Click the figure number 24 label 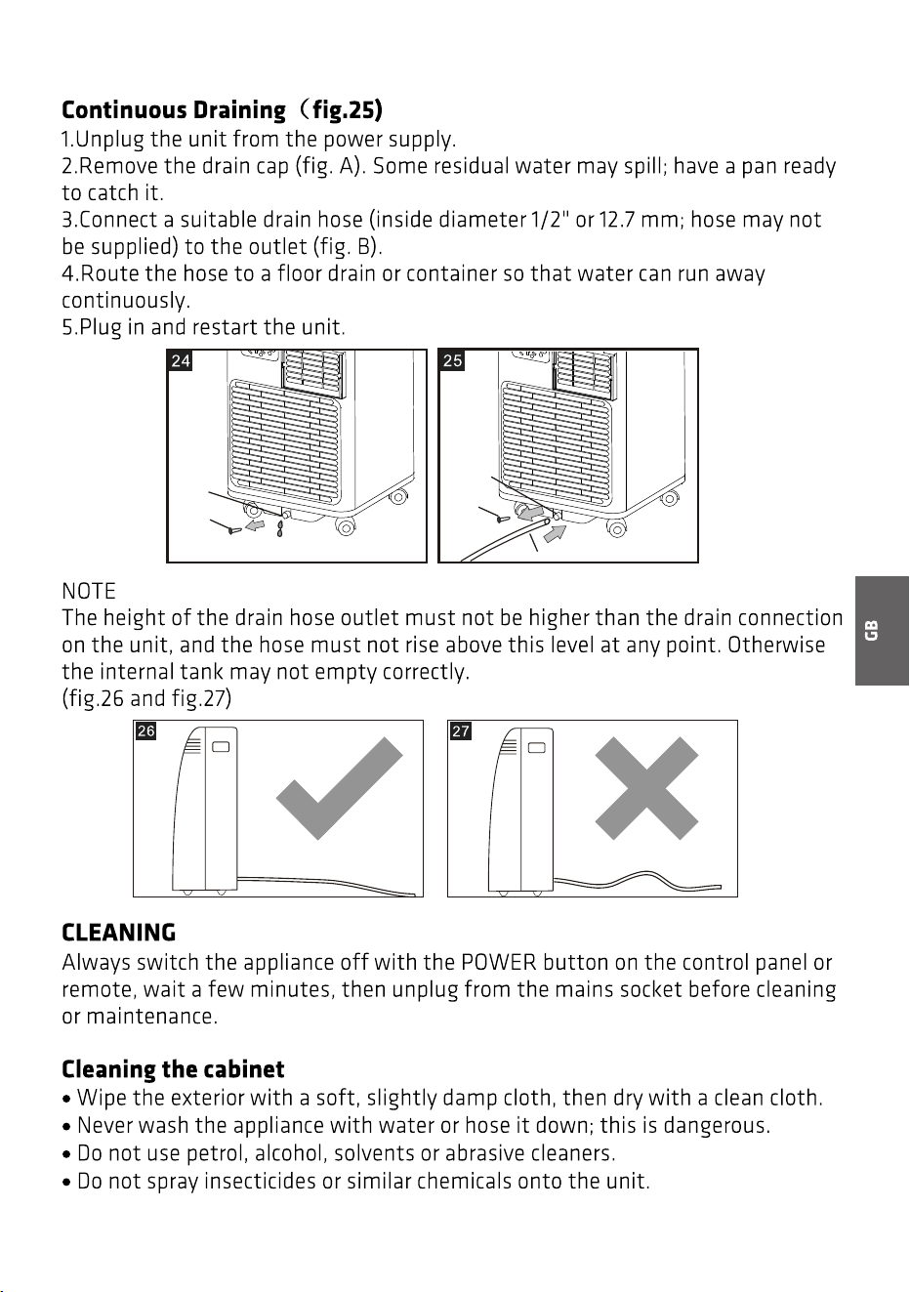click(x=181, y=360)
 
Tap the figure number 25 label click(x=452, y=360)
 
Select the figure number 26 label click(x=145, y=730)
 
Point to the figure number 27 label click(x=460, y=730)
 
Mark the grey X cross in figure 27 click(x=646, y=788)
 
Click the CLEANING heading click(x=119, y=934)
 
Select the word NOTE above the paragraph click(x=89, y=591)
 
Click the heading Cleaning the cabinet click(x=173, y=1069)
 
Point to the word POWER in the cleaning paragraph click(x=499, y=963)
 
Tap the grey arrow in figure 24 click(x=255, y=524)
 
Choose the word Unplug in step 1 click(x=110, y=141)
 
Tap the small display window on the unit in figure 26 click(x=221, y=747)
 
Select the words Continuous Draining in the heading click(x=174, y=110)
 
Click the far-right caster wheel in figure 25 click(x=669, y=498)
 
